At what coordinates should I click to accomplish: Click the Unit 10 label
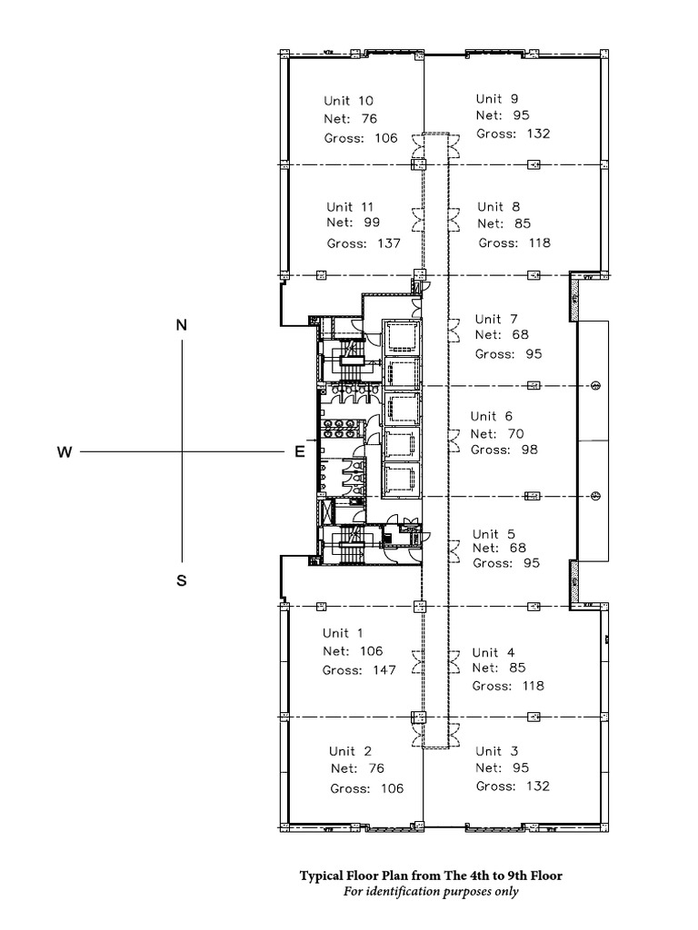click(x=349, y=101)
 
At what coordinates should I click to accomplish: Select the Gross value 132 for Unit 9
click(x=537, y=134)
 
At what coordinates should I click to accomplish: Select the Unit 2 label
click(x=350, y=751)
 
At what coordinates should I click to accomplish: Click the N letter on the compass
click(x=181, y=324)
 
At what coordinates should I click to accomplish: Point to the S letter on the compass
click(x=181, y=582)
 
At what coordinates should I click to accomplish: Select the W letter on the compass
click(x=65, y=452)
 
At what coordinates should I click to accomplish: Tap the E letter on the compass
click(x=298, y=452)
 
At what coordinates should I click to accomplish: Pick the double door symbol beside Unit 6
click(x=452, y=441)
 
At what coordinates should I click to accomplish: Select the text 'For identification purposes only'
click(x=431, y=892)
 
